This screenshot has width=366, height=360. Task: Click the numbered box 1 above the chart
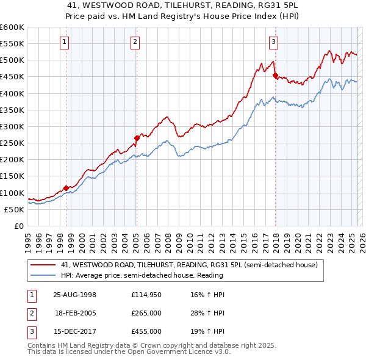coord(65,42)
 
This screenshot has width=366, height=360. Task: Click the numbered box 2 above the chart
coord(135,42)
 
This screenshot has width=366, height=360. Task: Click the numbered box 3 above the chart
coord(274,42)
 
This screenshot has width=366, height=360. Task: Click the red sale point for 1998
coord(66,188)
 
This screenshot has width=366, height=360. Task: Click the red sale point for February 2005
coord(137,138)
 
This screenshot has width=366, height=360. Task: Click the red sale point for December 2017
coord(275,76)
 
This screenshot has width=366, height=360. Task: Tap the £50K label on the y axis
coord(14,209)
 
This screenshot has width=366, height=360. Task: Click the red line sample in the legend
coord(43,265)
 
